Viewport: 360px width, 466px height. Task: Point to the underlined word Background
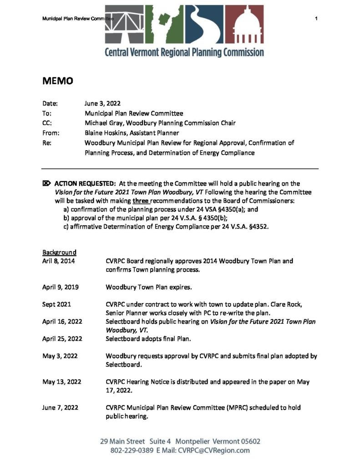(59, 252)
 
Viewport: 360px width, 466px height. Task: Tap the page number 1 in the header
(316, 18)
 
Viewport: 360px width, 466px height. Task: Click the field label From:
(51, 133)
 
